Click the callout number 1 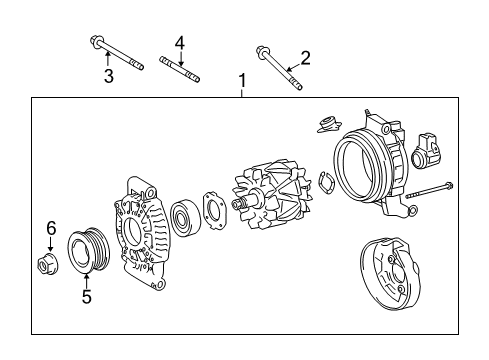[x=241, y=80]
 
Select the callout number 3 [x=109, y=76]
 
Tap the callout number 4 [x=180, y=42]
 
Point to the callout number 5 [x=87, y=297]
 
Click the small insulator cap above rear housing [x=326, y=125]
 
